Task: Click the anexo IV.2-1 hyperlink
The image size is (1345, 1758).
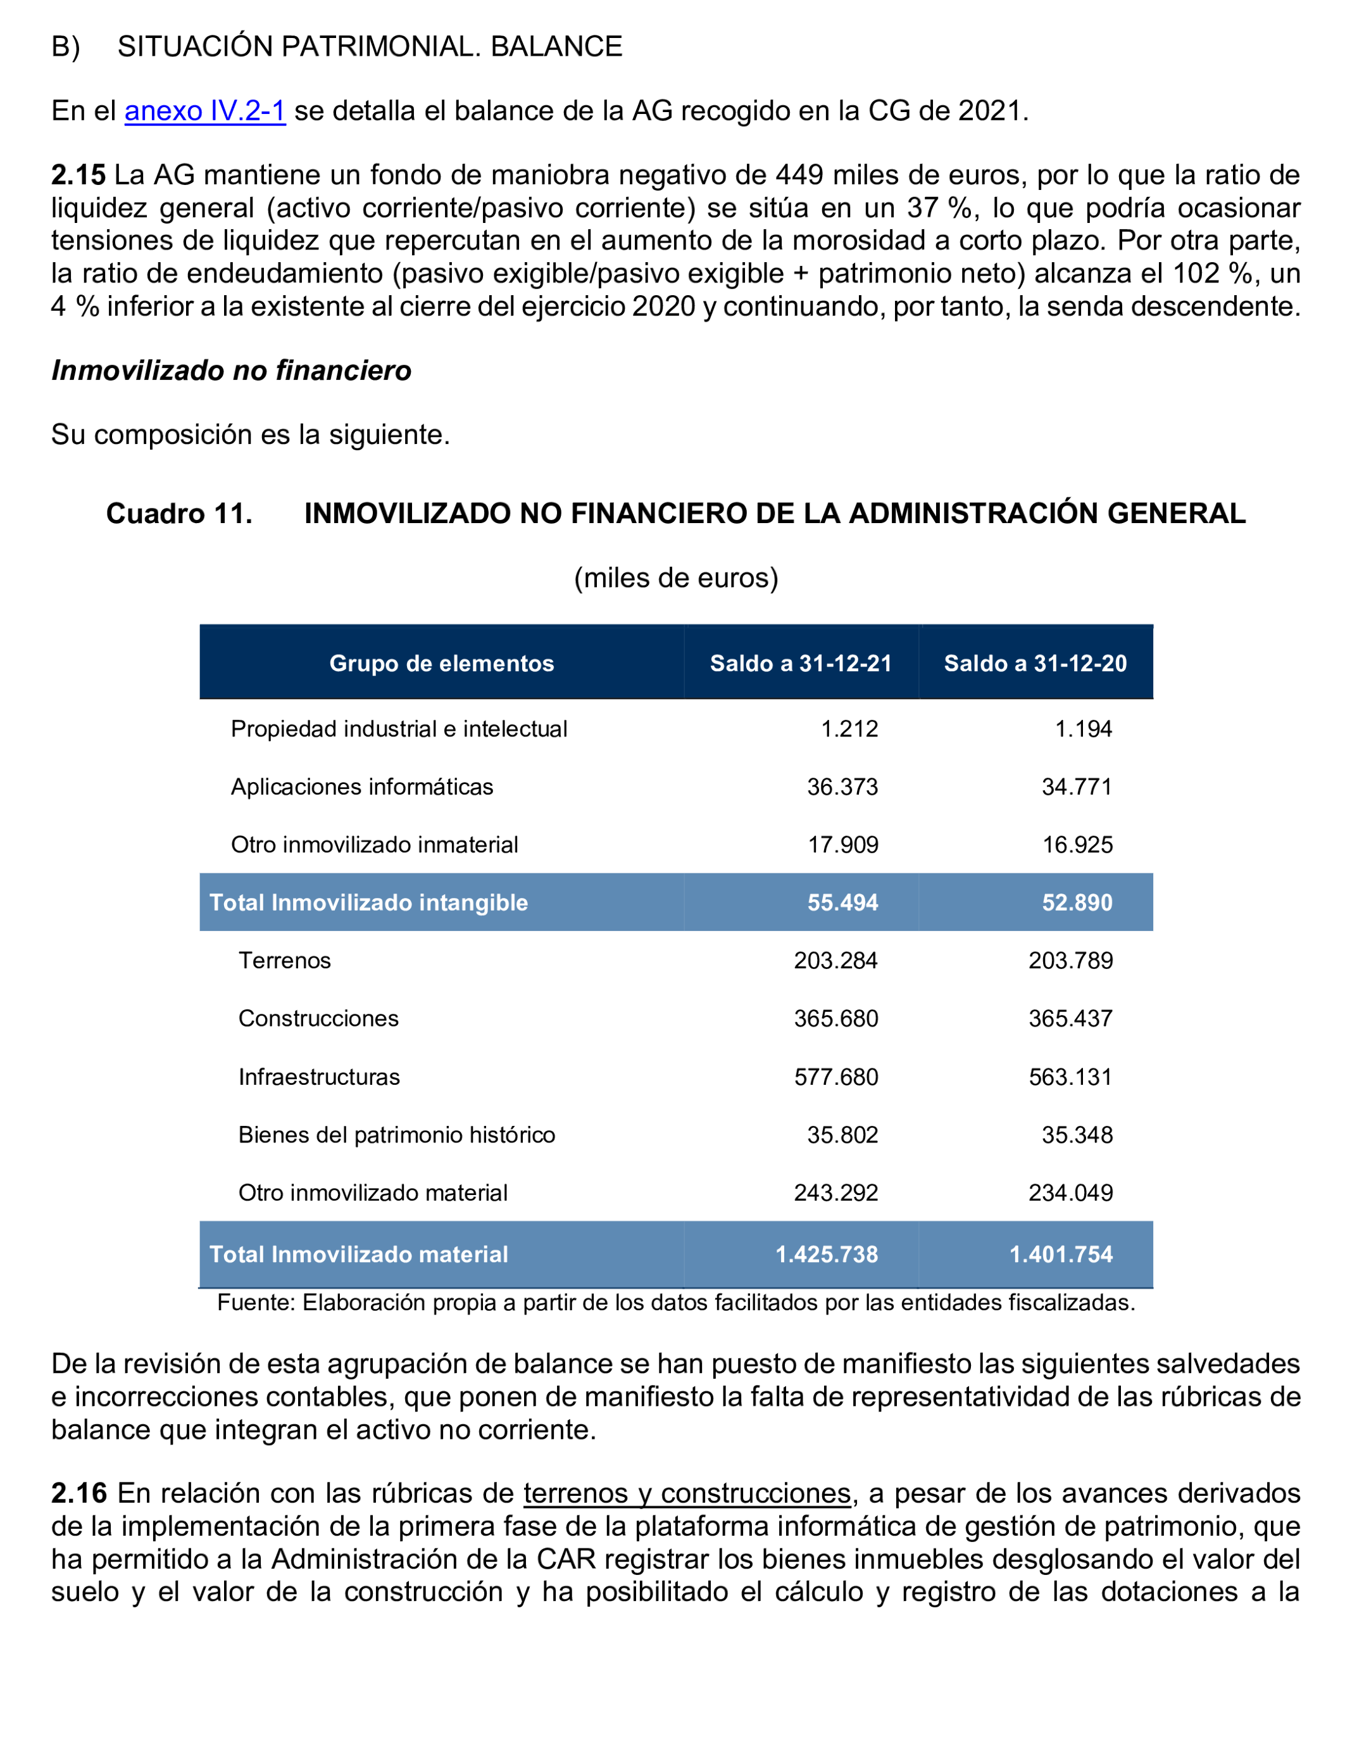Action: (x=205, y=111)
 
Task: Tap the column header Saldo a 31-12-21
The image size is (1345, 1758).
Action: (x=801, y=663)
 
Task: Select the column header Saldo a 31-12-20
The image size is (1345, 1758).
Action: (x=1035, y=663)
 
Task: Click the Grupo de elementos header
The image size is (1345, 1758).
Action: (x=441, y=663)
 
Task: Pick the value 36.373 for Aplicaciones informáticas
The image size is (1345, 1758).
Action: (x=842, y=787)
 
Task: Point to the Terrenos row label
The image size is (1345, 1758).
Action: (x=284, y=960)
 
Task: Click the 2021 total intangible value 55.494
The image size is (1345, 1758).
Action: (x=842, y=902)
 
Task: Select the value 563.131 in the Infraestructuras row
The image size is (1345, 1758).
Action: (x=1070, y=1077)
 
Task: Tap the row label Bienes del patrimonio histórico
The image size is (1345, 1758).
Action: (x=396, y=1135)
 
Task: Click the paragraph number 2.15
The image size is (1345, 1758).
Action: (x=78, y=175)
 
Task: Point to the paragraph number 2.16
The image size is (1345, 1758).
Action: (x=78, y=1493)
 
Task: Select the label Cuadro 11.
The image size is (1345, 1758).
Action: (x=179, y=514)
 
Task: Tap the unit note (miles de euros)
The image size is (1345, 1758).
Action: (x=676, y=578)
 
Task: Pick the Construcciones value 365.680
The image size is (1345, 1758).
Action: (x=836, y=1019)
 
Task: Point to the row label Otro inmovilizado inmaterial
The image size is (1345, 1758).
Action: (x=374, y=845)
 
